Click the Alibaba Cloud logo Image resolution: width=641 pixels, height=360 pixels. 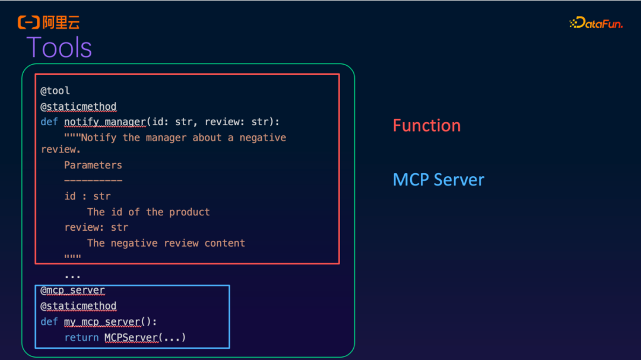(x=48, y=23)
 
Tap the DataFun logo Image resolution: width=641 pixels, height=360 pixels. (x=595, y=23)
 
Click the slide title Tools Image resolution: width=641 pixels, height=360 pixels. (x=59, y=47)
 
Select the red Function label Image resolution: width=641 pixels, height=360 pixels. (x=426, y=126)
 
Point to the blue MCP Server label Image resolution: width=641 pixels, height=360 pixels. (x=438, y=180)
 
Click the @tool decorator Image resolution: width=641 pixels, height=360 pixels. (x=55, y=91)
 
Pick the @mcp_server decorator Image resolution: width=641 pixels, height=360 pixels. (x=72, y=291)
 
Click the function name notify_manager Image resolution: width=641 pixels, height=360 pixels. (x=105, y=122)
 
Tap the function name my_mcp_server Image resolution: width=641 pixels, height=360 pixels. (x=102, y=322)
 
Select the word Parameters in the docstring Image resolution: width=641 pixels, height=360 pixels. (x=93, y=165)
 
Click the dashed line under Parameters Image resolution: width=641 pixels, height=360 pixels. (x=93, y=180)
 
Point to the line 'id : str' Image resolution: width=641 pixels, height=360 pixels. (x=87, y=196)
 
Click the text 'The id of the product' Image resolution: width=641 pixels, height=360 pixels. (x=148, y=212)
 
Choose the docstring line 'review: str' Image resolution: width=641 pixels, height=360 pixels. (x=96, y=227)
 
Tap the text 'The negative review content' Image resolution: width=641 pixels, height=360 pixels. (x=166, y=243)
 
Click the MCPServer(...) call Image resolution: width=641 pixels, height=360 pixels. (x=145, y=337)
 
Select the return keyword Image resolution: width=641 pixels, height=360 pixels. (x=81, y=337)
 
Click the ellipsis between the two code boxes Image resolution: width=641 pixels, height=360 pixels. (x=72, y=276)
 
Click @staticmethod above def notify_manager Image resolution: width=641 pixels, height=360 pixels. (x=78, y=107)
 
